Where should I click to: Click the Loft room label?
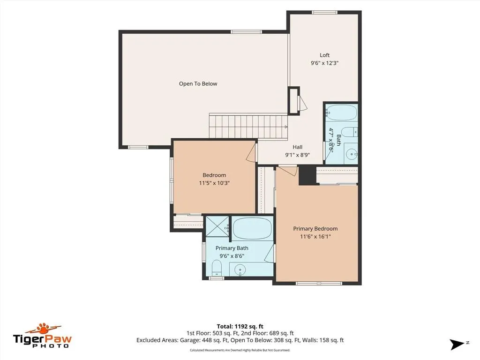click(x=324, y=55)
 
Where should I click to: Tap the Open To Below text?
click(x=198, y=83)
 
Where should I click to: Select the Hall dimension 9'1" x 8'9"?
click(x=297, y=155)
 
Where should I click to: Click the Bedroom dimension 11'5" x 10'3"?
click(x=214, y=183)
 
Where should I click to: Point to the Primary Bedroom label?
click(x=315, y=229)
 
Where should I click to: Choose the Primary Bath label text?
click(x=232, y=248)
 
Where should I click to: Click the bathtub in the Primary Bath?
click(x=252, y=228)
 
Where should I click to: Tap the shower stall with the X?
click(x=217, y=226)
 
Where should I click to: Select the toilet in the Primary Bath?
click(x=217, y=268)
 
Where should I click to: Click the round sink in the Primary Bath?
click(x=240, y=270)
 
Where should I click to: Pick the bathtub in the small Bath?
click(x=341, y=112)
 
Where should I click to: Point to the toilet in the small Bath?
click(x=349, y=132)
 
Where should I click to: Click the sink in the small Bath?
click(x=352, y=153)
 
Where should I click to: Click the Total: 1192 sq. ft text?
click(x=240, y=326)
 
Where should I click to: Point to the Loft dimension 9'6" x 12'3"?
click(x=324, y=63)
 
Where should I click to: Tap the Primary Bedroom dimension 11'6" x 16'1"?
click(x=315, y=236)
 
